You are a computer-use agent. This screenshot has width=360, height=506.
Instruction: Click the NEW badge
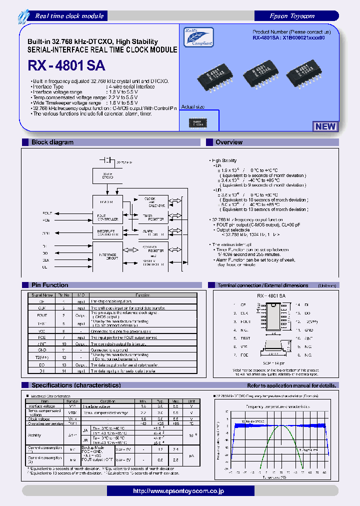(325, 126)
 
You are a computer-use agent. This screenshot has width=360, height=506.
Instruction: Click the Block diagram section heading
(52, 142)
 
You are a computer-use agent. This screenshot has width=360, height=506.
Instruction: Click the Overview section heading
(228, 142)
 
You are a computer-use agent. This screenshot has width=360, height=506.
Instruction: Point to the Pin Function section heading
(49, 285)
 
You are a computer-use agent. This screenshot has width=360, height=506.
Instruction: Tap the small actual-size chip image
(198, 122)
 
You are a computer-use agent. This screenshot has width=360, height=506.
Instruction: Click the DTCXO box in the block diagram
(107, 175)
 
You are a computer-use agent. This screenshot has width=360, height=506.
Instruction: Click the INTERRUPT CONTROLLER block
(107, 232)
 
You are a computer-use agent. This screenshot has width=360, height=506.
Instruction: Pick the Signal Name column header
(40, 295)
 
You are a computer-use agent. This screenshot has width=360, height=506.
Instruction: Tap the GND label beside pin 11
(309, 330)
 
